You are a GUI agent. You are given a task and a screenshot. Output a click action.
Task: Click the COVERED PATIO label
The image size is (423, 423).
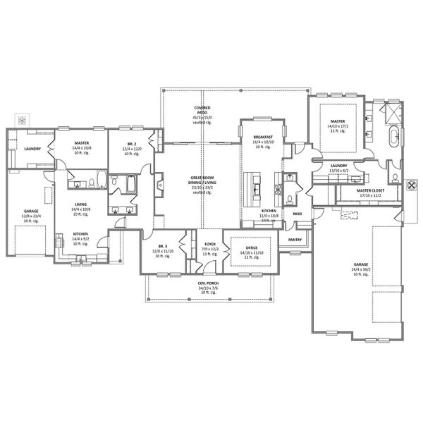[202, 108]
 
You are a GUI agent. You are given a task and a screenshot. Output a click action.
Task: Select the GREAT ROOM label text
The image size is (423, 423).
[202, 178]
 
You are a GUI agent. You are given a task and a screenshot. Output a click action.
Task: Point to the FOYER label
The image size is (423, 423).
[210, 242]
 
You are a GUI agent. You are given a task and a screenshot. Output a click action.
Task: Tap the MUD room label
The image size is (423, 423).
[297, 213]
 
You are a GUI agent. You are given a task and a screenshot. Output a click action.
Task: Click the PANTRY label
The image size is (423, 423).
[295, 240]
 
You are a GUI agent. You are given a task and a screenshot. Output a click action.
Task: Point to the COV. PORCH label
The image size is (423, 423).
[207, 284]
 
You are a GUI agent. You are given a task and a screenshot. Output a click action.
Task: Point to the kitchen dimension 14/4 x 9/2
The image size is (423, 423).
[81, 238]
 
